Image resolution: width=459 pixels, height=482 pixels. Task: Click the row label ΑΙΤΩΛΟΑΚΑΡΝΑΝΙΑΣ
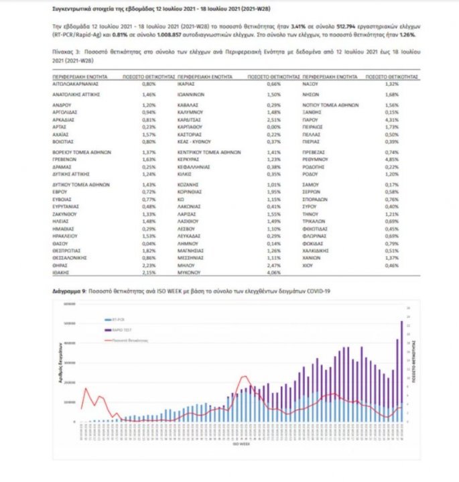tap(78, 84)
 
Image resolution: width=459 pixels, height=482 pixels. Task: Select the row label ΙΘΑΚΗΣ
tap(62, 274)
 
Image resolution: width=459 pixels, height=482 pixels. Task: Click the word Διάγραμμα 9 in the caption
tap(69, 292)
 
